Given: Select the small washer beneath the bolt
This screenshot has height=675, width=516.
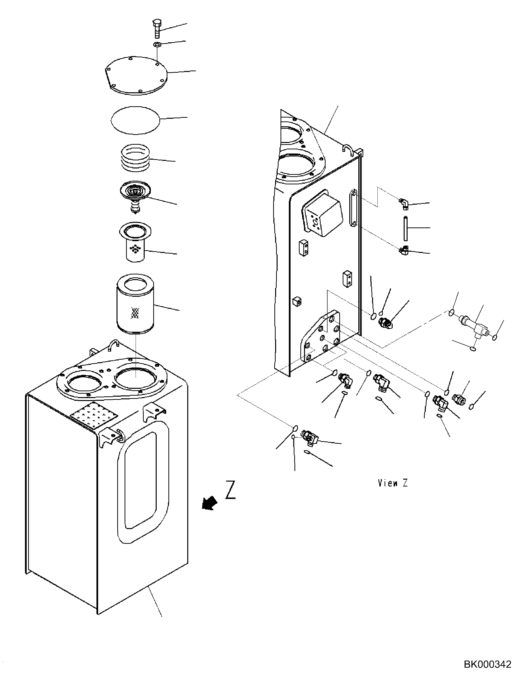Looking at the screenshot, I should [x=157, y=45].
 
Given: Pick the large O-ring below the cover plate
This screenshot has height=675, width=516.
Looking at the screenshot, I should [x=135, y=120].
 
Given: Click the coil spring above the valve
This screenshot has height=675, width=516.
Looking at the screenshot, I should [x=135, y=158].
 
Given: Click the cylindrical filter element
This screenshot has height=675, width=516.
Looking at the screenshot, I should [x=135, y=307].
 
